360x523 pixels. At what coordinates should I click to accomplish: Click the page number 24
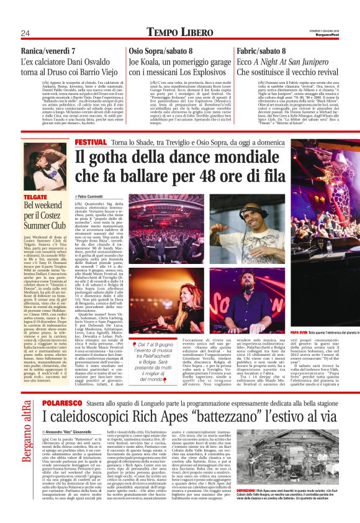click(x=25, y=33)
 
